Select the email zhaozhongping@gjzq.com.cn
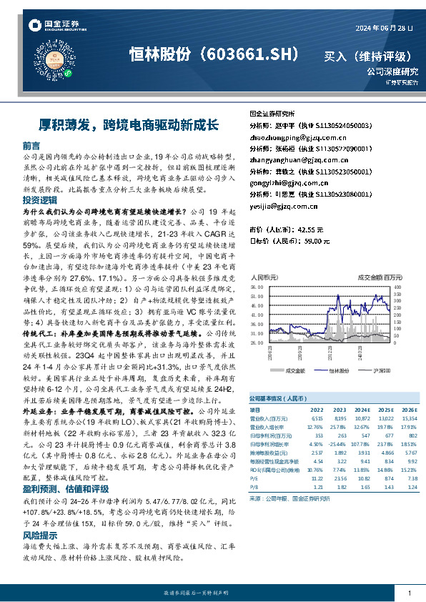(288, 137)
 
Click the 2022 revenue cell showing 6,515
(317, 418)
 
